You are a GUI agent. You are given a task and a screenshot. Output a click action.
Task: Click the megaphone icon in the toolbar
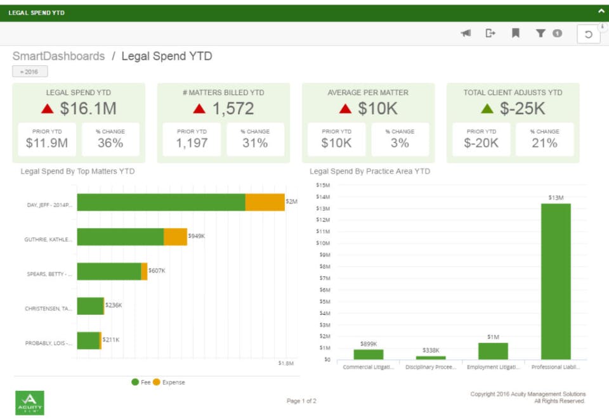[x=466, y=34]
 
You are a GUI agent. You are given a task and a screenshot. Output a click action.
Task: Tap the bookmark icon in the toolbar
[x=515, y=34]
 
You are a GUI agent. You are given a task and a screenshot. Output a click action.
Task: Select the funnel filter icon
[x=540, y=34]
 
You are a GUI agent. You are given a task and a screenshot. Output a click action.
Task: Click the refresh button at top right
[x=589, y=34]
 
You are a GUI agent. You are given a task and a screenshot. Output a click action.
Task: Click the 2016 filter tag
[x=30, y=72]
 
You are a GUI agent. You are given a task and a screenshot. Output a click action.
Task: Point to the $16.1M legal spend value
[x=88, y=108]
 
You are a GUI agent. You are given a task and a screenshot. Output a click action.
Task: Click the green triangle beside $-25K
[x=487, y=108]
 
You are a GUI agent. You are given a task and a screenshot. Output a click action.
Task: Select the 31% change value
[x=255, y=143]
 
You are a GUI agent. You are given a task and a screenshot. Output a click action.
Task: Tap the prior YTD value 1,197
[x=192, y=143]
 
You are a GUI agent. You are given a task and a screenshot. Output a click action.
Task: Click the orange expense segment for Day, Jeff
[x=265, y=203]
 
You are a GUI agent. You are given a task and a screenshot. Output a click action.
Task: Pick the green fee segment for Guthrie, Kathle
[x=121, y=237]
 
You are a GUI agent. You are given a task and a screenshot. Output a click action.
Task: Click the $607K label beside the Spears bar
[x=157, y=270]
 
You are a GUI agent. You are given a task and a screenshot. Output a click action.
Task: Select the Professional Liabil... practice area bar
[x=556, y=281]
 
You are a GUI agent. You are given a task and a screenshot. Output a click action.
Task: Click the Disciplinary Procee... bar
[x=431, y=357]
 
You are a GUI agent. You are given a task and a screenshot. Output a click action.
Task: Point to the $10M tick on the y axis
[x=323, y=243]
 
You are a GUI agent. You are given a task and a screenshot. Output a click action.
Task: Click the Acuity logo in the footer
[x=30, y=403]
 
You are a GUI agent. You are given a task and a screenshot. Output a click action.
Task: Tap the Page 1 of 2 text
[x=301, y=401]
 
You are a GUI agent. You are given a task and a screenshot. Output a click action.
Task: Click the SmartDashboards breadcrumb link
[x=58, y=56]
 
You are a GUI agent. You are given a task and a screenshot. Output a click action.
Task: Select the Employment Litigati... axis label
[x=494, y=367]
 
